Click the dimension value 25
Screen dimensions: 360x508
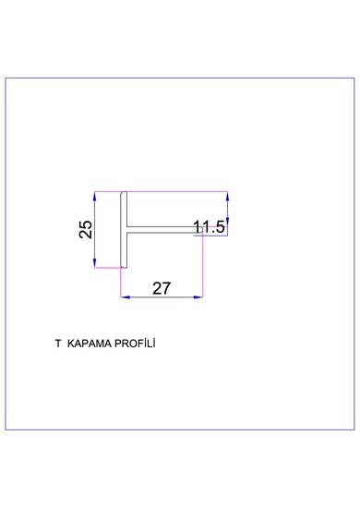[x=86, y=229]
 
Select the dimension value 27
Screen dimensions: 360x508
[x=162, y=288]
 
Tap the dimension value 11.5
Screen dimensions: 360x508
[x=209, y=227]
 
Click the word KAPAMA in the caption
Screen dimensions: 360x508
[x=89, y=344]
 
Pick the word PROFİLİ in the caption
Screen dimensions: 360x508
[x=136, y=343]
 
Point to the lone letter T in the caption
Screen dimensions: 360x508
[x=58, y=344]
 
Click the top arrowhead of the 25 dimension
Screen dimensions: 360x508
[x=95, y=197]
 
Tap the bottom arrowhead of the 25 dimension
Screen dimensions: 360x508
[x=95, y=263]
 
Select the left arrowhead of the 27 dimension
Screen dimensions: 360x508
[x=126, y=296]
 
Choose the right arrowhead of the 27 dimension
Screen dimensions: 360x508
[x=198, y=296]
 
